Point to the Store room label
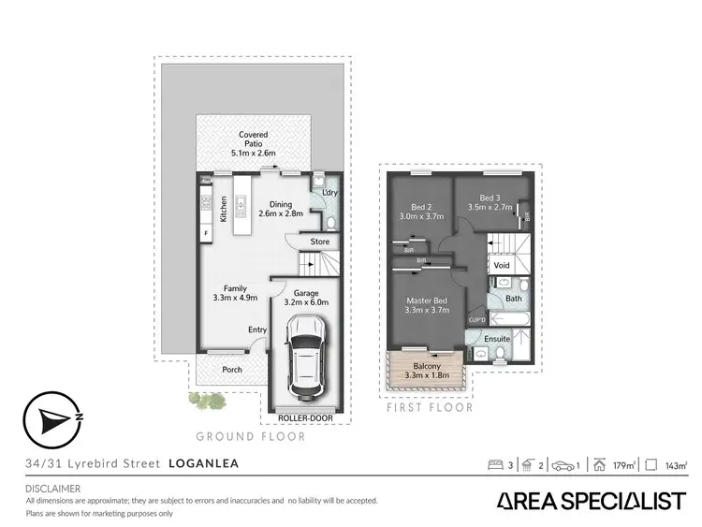point(319,242)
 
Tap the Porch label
point(231,369)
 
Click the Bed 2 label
point(420,206)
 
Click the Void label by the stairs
point(502,265)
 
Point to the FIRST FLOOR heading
point(430,408)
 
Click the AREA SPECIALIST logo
point(589,502)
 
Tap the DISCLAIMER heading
point(52,489)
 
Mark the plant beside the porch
point(207,401)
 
